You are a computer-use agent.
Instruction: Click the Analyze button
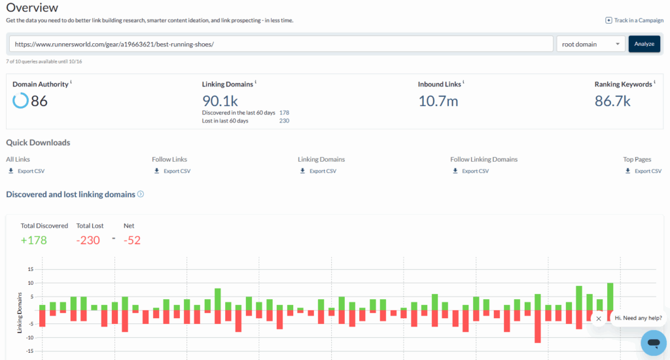pos(644,44)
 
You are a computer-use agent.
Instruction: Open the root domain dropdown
pos(590,44)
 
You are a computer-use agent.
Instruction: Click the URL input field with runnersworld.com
pos(281,44)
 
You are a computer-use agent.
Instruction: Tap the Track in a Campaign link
pos(634,20)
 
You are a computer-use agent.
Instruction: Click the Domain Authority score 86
pos(39,101)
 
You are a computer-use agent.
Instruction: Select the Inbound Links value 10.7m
pos(438,100)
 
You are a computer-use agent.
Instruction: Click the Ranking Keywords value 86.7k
pos(612,101)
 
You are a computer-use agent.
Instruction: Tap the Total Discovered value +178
pos(33,240)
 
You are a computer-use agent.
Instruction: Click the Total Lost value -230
pos(88,240)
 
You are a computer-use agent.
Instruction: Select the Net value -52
pos(132,240)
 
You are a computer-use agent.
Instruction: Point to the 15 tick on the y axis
pos(30,269)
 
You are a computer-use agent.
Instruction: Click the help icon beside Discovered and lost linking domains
pos(141,194)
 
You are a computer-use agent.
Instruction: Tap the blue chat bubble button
pos(653,342)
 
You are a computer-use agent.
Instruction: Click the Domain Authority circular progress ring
pos(20,101)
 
